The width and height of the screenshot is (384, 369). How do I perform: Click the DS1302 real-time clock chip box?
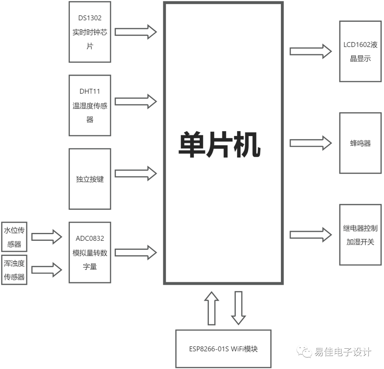90,32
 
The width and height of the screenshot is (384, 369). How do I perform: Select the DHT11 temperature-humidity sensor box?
90,105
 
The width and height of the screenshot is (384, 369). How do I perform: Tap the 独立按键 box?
90,179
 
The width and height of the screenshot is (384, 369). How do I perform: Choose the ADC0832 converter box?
90,252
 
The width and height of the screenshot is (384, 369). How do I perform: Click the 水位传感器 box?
14,237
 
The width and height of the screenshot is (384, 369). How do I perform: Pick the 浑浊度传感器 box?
14,270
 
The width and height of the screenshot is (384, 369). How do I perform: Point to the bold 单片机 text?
219,145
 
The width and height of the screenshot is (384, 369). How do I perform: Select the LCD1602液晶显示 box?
361,51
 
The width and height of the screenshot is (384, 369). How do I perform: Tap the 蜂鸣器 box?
361,143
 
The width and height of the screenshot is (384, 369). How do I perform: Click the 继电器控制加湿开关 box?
361,235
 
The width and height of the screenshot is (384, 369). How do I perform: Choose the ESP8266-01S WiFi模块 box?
223,349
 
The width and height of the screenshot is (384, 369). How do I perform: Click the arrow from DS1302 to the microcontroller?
135,32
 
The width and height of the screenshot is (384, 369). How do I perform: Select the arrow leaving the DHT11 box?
135,102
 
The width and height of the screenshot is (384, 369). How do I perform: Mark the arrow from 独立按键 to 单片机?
135,173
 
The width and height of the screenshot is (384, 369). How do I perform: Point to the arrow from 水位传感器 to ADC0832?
47,237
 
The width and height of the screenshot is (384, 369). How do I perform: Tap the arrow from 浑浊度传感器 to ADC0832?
47,270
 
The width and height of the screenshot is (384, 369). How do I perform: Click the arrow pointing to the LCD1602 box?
310,51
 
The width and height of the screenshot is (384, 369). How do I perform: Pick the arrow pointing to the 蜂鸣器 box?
310,143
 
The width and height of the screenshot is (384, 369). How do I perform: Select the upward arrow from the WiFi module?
212,308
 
